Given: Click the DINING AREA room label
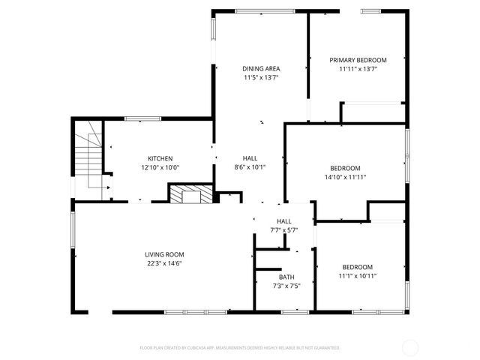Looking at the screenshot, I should [261, 68].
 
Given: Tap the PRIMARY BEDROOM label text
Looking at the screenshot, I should [358, 60].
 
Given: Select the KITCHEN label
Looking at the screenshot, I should [160, 158].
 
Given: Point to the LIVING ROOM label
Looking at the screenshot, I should [164, 254].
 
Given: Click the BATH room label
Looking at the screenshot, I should [285, 277].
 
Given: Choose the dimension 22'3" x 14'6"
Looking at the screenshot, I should [164, 263].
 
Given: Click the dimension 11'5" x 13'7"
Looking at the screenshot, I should [261, 77].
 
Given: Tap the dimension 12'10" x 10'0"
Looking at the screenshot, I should [160, 167].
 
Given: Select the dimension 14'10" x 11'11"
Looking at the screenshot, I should [346, 177].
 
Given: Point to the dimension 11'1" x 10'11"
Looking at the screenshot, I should [358, 276].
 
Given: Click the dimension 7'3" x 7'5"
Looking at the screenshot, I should [285, 286].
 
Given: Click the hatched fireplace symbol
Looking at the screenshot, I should [187, 196].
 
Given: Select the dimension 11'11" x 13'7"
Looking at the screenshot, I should [358, 69].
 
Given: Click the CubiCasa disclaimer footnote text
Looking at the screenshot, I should [240, 348].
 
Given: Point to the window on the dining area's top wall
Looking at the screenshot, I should [259, 10].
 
